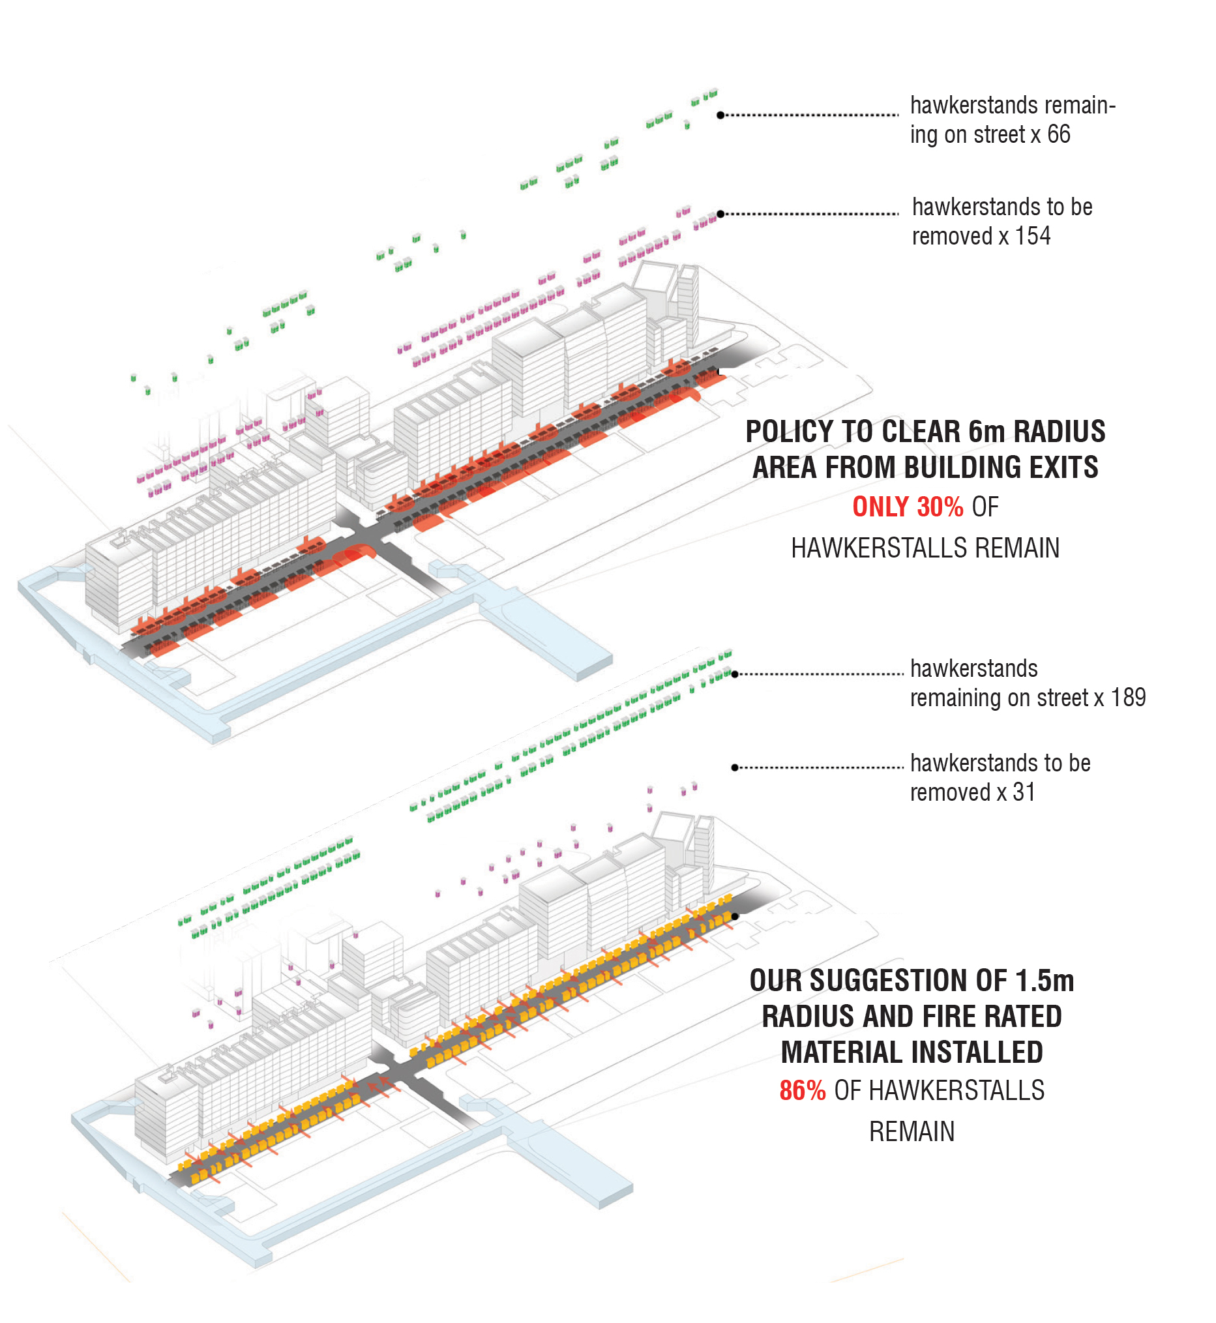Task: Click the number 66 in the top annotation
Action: tap(1059, 135)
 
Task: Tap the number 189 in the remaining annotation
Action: tap(1129, 698)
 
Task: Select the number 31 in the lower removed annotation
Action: tap(1024, 793)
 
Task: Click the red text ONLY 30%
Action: tap(908, 507)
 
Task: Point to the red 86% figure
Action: tap(802, 1092)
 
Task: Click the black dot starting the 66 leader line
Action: tap(720, 115)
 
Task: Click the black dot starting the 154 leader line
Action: tap(720, 214)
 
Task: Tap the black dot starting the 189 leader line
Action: tap(735, 674)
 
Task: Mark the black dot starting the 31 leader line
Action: tap(735, 767)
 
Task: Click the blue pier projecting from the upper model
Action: tap(546, 632)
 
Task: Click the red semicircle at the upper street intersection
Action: tap(356, 555)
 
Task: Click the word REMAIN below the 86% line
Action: tap(912, 1132)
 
